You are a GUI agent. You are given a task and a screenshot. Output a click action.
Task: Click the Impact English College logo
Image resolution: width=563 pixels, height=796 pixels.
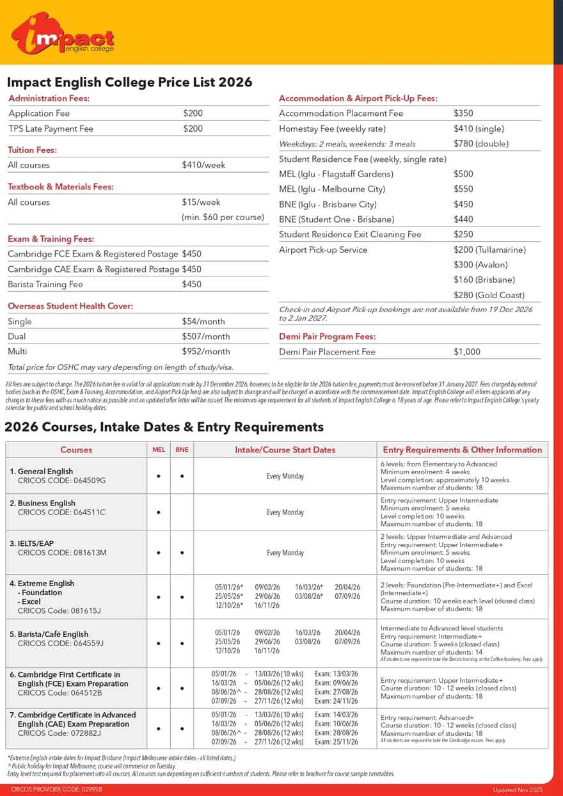tap(63, 34)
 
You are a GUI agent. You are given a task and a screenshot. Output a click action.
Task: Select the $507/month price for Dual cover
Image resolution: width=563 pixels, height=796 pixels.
tap(205, 337)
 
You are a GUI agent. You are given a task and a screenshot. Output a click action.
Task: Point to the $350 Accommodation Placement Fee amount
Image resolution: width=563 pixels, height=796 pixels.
tap(463, 113)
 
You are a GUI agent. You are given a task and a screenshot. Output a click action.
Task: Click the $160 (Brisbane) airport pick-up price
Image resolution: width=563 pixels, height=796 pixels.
tap(484, 280)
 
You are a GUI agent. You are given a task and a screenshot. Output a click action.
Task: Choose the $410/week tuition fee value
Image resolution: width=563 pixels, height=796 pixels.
tap(203, 165)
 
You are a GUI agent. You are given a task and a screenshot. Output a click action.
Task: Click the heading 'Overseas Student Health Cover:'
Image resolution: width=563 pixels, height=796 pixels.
tap(70, 306)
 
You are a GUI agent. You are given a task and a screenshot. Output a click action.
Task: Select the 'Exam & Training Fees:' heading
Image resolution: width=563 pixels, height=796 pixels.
tap(51, 239)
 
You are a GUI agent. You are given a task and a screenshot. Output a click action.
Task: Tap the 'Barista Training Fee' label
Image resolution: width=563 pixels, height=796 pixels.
tap(45, 284)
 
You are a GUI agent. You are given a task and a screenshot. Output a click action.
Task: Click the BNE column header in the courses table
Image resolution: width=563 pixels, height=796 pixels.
tap(182, 450)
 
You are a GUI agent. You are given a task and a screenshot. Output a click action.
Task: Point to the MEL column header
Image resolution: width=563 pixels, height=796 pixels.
tap(158, 450)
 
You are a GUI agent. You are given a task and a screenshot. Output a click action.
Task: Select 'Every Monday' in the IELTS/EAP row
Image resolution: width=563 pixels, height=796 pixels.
tap(285, 553)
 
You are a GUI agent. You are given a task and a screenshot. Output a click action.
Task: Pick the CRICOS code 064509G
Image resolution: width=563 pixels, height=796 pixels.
tap(61, 481)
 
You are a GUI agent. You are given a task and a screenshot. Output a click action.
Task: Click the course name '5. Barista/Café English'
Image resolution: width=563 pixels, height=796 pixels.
tap(49, 635)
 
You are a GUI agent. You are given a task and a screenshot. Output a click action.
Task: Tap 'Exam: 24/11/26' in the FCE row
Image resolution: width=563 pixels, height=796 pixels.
tap(336, 701)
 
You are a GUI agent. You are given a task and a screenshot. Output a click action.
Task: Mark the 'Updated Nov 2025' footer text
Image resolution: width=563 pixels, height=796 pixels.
tap(519, 790)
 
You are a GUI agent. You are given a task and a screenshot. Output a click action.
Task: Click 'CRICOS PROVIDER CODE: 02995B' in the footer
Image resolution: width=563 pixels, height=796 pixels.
tap(56, 790)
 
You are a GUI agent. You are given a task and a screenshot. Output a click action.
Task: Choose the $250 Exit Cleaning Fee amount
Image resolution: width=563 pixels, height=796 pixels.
tap(463, 234)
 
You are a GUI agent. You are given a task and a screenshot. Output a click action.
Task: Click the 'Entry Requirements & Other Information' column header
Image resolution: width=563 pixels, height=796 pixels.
tap(462, 450)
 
